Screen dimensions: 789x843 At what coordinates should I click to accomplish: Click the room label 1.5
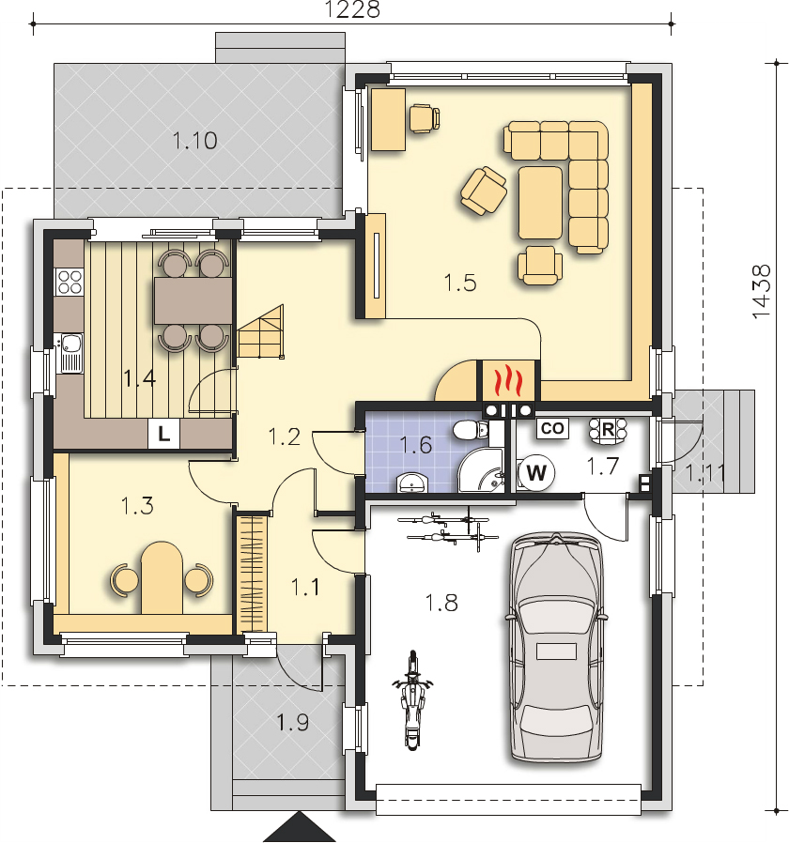point(460,283)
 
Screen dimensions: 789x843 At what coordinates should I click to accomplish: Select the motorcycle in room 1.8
point(412,699)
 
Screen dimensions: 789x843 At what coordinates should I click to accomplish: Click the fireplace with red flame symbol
point(508,380)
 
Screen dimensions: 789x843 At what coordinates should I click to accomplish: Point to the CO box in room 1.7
point(552,428)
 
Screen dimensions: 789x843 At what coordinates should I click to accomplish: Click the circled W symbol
point(536,473)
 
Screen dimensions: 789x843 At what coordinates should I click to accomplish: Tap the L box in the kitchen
point(163,433)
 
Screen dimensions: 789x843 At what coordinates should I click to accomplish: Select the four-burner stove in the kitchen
point(70,282)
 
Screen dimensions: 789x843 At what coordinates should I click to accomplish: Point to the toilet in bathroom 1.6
point(471,430)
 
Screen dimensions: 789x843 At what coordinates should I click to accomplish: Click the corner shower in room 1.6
point(480,470)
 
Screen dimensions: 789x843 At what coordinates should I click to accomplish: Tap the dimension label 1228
point(352,9)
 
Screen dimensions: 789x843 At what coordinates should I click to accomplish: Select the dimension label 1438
point(762,292)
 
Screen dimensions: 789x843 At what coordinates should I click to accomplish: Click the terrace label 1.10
point(194,141)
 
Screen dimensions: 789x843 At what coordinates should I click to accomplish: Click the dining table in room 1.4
point(193,300)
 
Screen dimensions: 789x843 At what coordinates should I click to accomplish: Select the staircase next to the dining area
point(261,331)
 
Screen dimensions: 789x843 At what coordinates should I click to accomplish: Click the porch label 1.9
point(292,723)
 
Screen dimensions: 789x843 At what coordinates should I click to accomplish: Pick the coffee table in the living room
point(540,203)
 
